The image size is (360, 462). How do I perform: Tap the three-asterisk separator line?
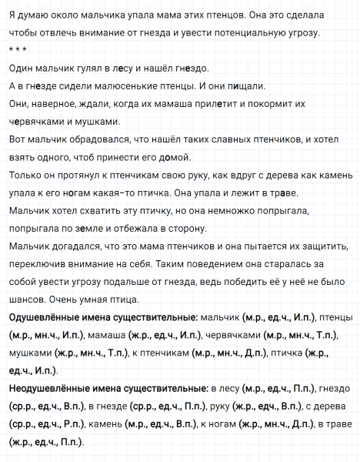click(16, 49)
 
